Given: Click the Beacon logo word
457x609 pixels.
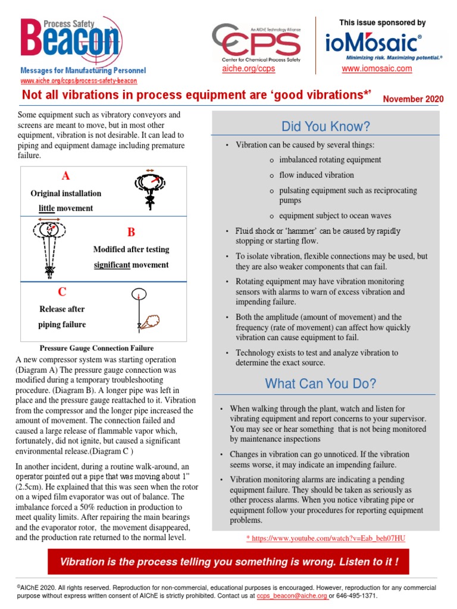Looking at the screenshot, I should pos(70,42).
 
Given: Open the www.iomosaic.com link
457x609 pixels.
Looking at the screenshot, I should pos(377,69).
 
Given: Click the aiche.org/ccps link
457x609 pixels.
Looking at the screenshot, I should pos(248,69).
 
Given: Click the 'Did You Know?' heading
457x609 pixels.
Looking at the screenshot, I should pos(326,127).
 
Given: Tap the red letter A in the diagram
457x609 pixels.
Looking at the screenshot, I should pos(65,175).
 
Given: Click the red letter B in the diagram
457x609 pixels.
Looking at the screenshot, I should pos(131,232).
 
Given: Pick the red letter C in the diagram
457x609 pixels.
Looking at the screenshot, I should pos(62,292).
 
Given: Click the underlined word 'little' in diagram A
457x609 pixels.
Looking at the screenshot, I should pos(46,208).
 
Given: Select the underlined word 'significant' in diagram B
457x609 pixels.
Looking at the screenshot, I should pos(112,265).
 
